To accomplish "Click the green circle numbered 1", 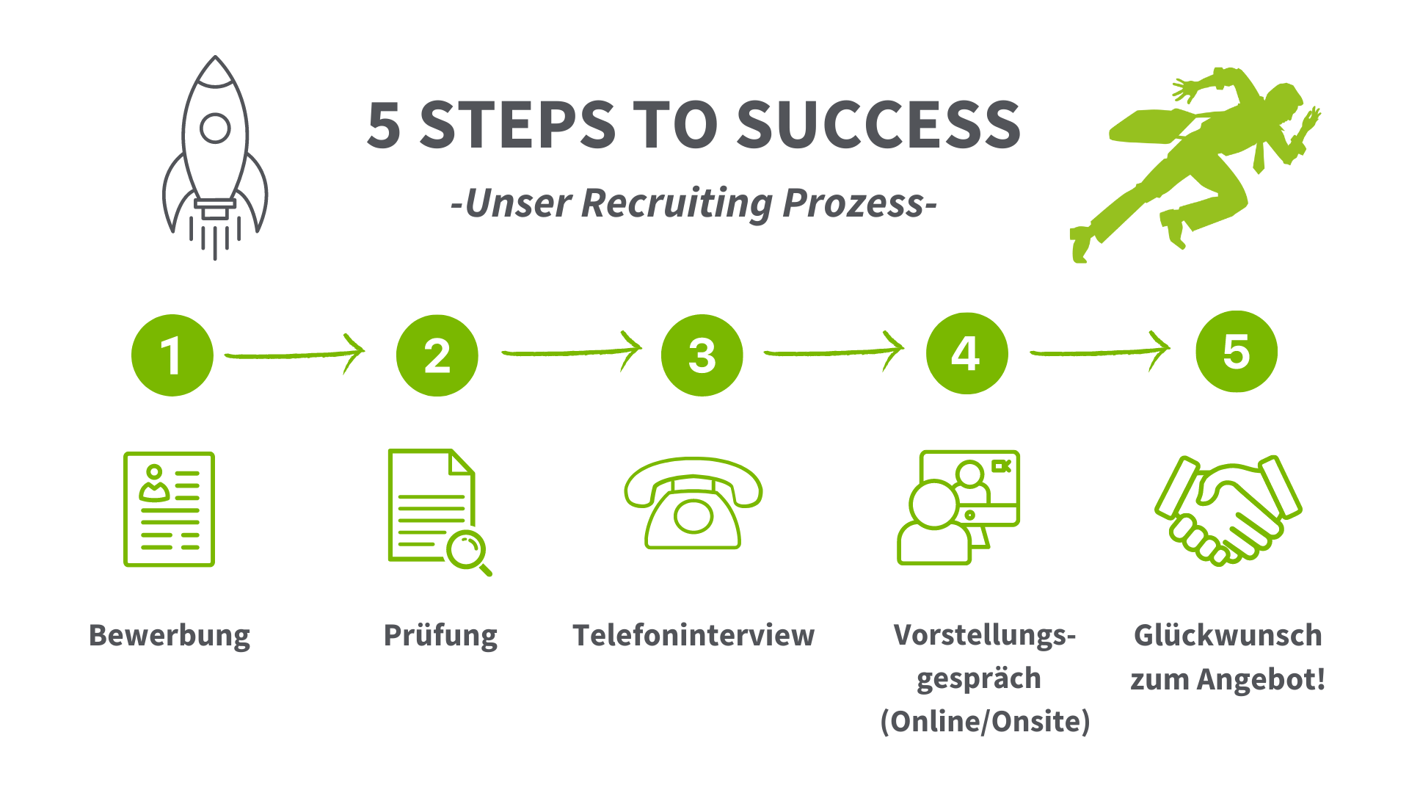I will [x=172, y=355].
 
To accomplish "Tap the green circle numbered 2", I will [x=437, y=355].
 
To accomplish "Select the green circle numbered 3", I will [x=702, y=355].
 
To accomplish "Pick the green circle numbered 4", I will [x=966, y=354].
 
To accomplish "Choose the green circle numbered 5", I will [x=1237, y=352].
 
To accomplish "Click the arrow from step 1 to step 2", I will [x=294, y=355].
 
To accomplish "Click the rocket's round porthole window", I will [x=215, y=128].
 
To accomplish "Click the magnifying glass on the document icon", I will [x=467, y=551].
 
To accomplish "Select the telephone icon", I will [x=693, y=504].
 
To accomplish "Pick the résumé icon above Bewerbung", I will [x=170, y=509].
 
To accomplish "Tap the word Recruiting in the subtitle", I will [x=676, y=203].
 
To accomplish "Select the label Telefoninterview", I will [x=693, y=636].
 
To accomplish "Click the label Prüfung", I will [x=440, y=636].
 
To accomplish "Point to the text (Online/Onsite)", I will [x=985, y=721].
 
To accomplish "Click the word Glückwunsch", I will [x=1228, y=636].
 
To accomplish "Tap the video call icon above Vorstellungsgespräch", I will [x=959, y=507].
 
